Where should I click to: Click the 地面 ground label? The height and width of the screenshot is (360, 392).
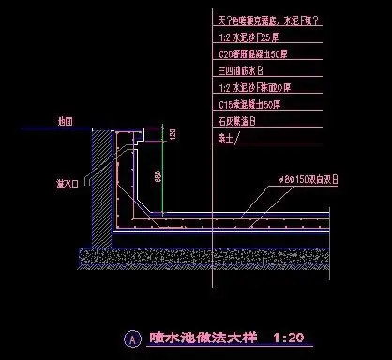click(x=65, y=122)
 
